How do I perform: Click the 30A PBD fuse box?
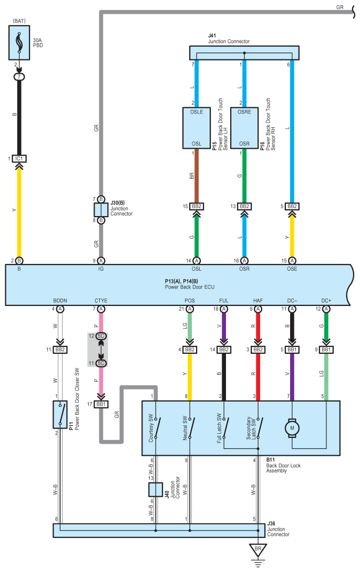point(19,43)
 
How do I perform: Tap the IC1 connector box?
point(19,159)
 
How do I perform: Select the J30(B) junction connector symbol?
point(101,210)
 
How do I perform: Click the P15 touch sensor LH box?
point(196,128)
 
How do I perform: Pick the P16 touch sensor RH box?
point(244,128)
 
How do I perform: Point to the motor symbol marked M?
point(292,428)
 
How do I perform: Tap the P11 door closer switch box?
point(60,414)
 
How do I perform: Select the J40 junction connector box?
point(156,489)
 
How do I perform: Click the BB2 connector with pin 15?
point(196,207)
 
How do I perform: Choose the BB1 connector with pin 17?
point(101,404)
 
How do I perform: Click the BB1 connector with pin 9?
point(326,350)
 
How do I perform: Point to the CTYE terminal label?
point(101,301)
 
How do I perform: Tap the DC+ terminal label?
point(326,301)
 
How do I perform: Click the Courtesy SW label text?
point(151,428)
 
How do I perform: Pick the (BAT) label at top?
point(19,21)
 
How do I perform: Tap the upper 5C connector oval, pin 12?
point(101,336)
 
